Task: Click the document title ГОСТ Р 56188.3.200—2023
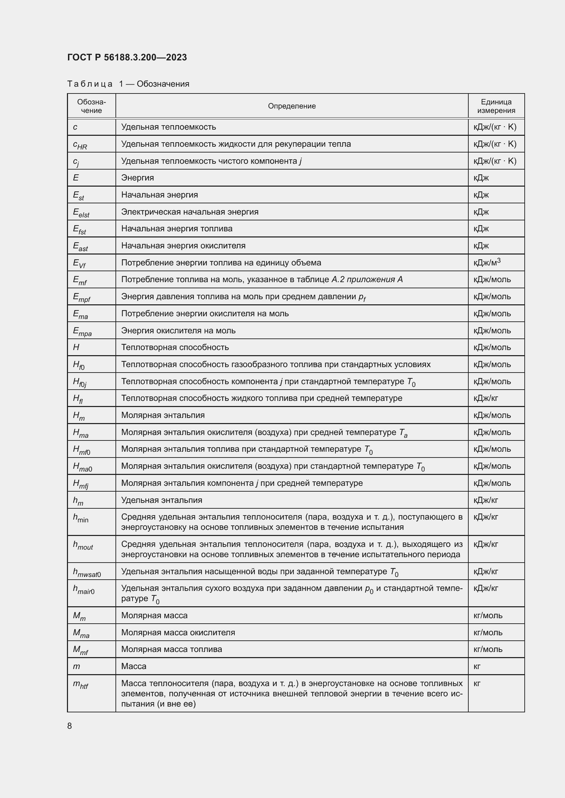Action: click(127, 57)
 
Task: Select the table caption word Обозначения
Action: click(163, 84)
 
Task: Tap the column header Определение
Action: click(291, 106)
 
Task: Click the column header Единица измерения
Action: click(496, 106)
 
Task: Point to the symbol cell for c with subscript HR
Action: click(80, 145)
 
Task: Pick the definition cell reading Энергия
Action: click(137, 178)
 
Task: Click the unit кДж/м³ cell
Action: click(487, 262)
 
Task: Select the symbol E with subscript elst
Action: click(81, 212)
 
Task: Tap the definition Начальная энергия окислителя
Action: click(183, 246)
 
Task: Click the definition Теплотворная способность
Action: click(175, 347)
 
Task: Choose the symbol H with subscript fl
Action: click(78, 398)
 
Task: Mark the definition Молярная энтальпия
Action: click(163, 415)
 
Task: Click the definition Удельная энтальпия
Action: click(162, 500)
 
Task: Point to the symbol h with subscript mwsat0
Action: click(87, 572)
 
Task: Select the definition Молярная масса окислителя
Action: click(178, 632)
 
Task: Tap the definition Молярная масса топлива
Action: click(171, 649)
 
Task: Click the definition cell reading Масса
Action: click(134, 666)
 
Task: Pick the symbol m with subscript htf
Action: click(80, 684)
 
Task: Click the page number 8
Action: click(70, 726)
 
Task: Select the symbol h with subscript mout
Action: click(83, 545)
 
